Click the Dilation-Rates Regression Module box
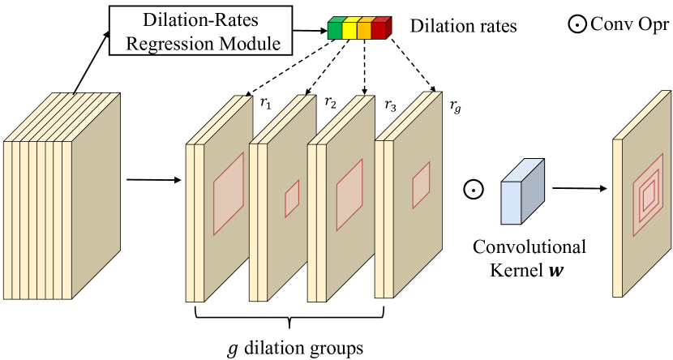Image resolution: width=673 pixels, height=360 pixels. click(199, 31)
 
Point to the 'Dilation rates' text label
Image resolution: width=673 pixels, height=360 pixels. click(464, 28)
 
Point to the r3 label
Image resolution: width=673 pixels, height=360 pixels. click(391, 105)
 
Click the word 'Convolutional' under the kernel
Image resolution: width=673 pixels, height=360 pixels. click(529, 246)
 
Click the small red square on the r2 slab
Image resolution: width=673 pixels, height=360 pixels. click(292, 198)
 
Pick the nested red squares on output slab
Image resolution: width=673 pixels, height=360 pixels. click(649, 195)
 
